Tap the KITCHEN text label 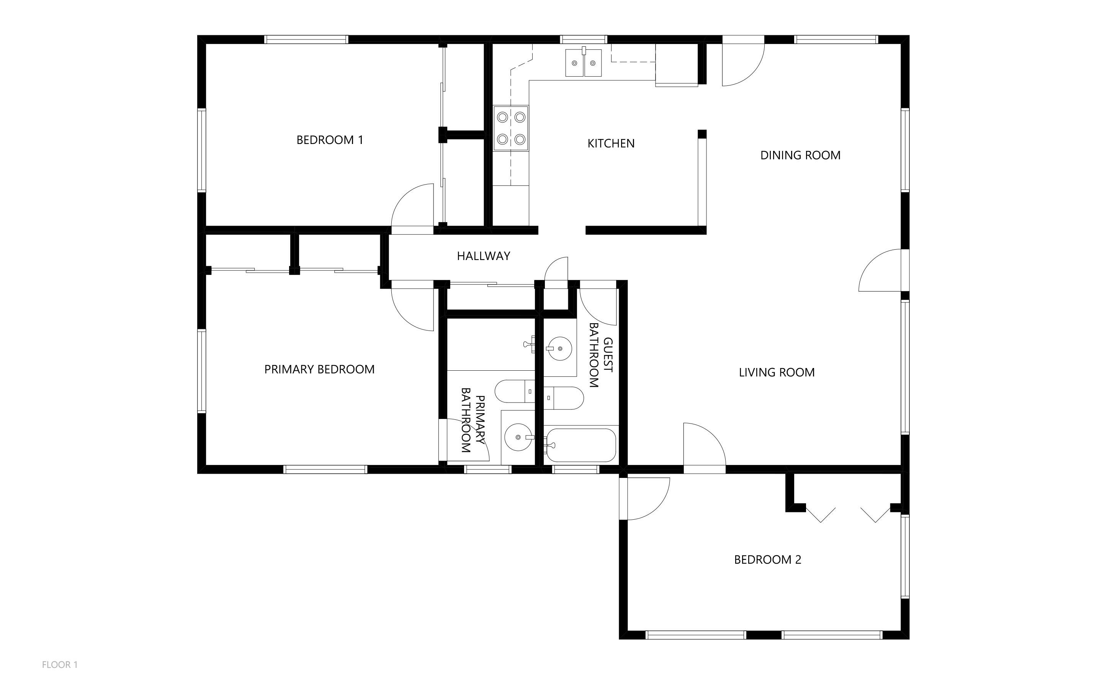point(610,144)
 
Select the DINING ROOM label point(800,155)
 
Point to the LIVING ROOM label point(776,373)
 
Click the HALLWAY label point(483,256)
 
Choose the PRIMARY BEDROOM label point(319,369)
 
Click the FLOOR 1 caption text point(59,664)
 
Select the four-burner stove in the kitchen point(511,128)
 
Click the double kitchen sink point(584,63)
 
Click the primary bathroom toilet point(515,391)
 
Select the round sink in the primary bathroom point(518,437)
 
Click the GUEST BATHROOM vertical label point(600,356)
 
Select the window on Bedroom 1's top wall point(306,40)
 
